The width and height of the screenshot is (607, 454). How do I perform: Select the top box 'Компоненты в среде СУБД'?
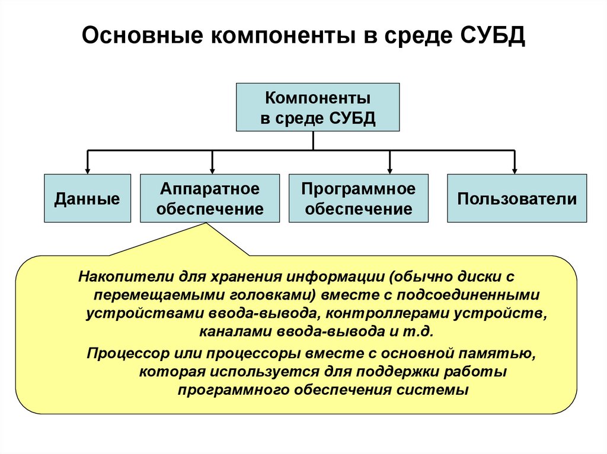click(318, 107)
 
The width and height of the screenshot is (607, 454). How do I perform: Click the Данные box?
click(87, 198)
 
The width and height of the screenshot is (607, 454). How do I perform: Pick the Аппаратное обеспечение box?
click(210, 198)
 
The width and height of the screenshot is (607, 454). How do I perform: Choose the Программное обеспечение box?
click(358, 198)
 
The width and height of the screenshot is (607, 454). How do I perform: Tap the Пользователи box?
click(516, 198)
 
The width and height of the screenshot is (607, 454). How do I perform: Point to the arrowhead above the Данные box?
click(88, 169)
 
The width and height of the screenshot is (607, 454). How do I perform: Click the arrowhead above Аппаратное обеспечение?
click(212, 169)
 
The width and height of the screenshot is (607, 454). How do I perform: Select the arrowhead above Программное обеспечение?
click(389, 169)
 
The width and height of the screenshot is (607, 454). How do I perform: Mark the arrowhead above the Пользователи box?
click(515, 169)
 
